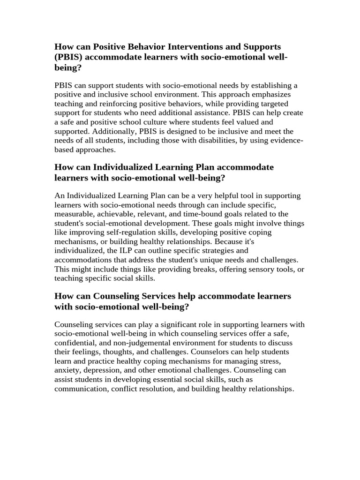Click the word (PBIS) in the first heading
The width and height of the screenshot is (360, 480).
click(69, 57)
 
